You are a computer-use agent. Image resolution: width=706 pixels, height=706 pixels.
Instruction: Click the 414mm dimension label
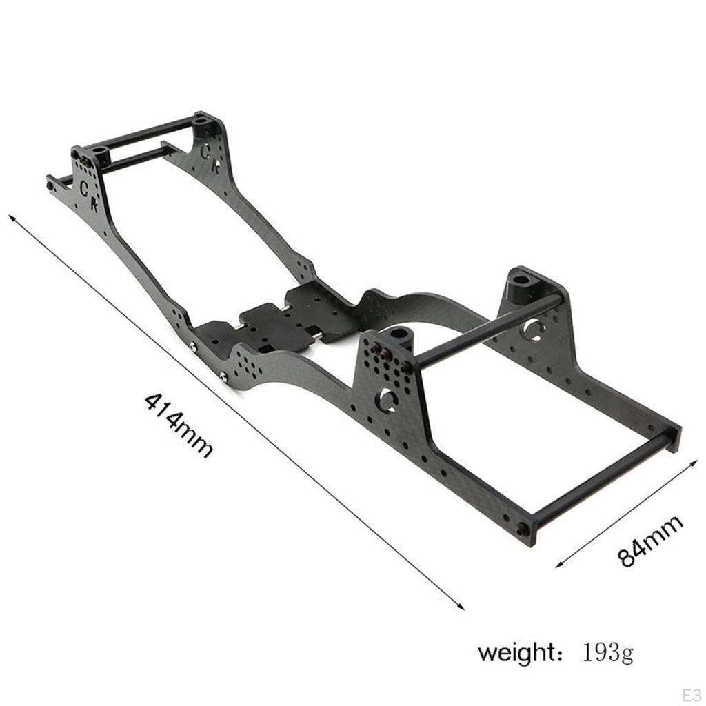(178, 425)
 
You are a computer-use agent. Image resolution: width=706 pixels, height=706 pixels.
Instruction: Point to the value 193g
(607, 652)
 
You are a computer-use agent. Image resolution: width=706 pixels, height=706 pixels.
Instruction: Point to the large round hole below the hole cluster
(386, 400)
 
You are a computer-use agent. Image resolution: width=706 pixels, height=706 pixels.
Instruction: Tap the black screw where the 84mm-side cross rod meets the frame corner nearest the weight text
(523, 529)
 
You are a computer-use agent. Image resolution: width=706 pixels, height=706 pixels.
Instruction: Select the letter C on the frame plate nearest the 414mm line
(85, 188)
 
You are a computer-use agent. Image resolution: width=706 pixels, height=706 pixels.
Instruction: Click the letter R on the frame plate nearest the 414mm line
(94, 204)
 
